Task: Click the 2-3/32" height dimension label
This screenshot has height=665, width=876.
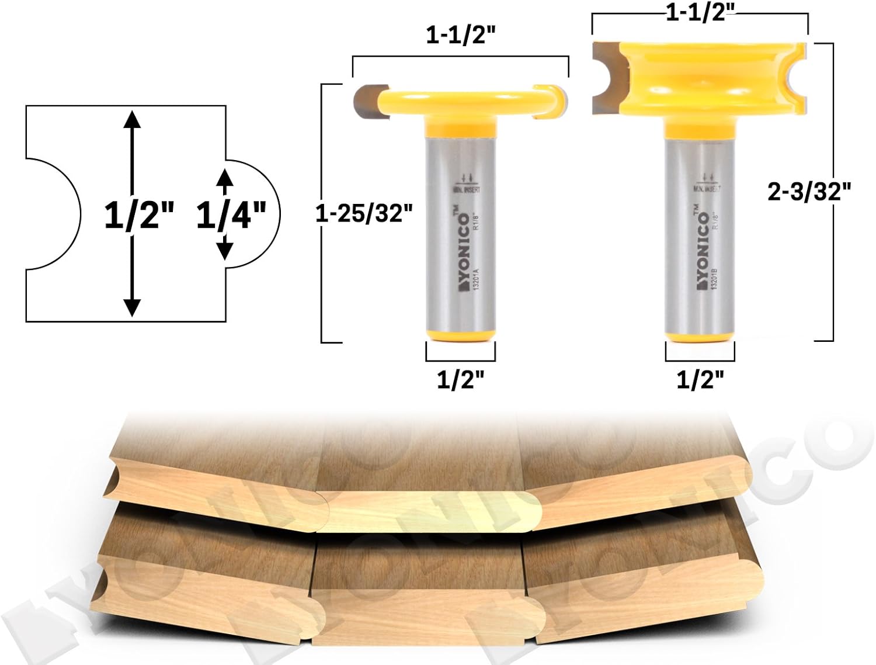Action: (x=809, y=191)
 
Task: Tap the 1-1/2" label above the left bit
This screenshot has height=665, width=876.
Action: (x=461, y=36)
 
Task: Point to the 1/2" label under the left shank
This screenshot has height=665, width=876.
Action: (x=461, y=380)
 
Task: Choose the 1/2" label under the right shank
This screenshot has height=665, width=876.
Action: (x=700, y=380)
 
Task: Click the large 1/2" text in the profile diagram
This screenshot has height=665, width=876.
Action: (x=139, y=215)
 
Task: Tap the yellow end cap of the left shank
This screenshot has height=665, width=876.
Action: (x=461, y=336)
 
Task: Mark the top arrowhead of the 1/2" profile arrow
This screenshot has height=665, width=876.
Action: (x=133, y=119)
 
